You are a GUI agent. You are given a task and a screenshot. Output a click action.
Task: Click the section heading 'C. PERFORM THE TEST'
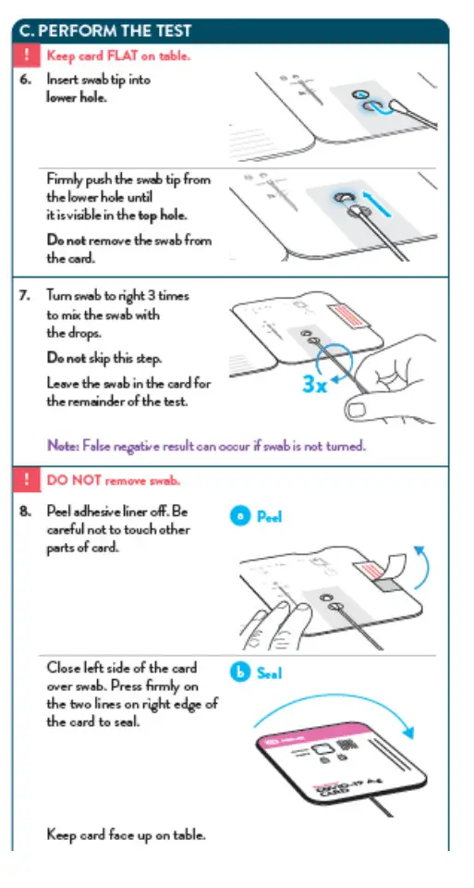tap(105, 31)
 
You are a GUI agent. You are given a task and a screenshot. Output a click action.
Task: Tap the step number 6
tap(26, 80)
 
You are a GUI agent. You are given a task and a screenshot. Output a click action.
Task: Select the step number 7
tap(26, 296)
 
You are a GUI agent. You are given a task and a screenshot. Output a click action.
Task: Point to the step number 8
tap(26, 512)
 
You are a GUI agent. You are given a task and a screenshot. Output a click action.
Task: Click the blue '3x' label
tap(315, 385)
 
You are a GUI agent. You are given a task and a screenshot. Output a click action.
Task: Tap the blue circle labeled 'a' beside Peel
tap(240, 516)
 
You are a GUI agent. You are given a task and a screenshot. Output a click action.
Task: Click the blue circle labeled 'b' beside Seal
tap(240, 672)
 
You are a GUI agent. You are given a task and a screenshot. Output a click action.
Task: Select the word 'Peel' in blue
tap(269, 517)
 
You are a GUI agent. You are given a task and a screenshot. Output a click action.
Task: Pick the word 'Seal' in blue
tap(269, 673)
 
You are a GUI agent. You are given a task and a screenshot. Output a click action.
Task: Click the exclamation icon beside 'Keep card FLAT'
tap(26, 55)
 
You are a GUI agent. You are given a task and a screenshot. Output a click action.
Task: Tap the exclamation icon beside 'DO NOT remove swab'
tap(26, 480)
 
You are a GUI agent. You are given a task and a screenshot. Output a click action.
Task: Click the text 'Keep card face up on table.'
tap(126, 834)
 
